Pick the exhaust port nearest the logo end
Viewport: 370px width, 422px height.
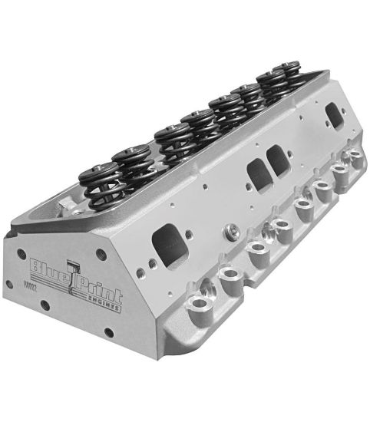(x=169, y=245)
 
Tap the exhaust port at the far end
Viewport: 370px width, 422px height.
(x=335, y=116)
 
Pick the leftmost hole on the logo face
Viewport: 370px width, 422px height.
(x=9, y=283)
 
